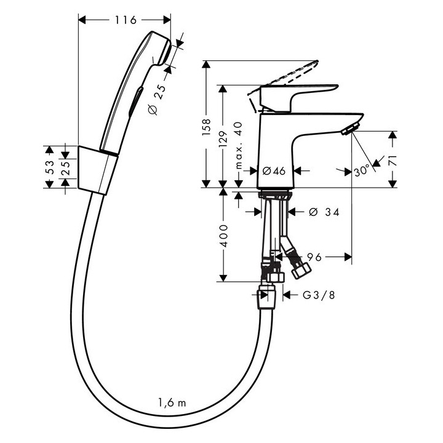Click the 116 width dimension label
(126, 20)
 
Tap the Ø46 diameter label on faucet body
(274, 171)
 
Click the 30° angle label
(362, 172)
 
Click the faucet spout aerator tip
(348, 129)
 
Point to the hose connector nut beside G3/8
(265, 295)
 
